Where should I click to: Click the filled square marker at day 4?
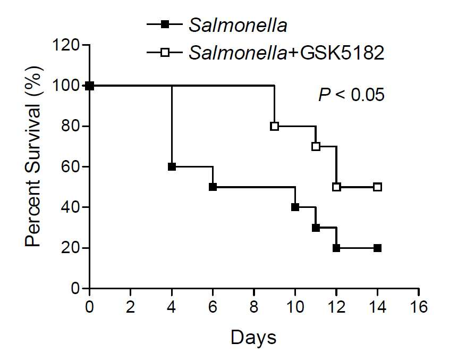pyautogui.click(x=172, y=166)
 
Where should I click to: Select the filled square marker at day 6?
pyautogui.click(x=213, y=187)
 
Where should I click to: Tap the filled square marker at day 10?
pyautogui.click(x=295, y=207)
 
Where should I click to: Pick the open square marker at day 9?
pyautogui.click(x=274, y=126)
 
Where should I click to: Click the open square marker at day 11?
pyautogui.click(x=316, y=146)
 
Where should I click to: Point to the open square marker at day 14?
pyautogui.click(x=377, y=187)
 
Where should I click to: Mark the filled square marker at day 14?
pyautogui.click(x=377, y=248)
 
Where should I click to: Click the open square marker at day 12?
pyautogui.click(x=336, y=187)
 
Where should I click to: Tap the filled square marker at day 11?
pyautogui.click(x=316, y=228)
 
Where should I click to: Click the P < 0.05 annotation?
pyautogui.click(x=351, y=95)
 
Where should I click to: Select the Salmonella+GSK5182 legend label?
pyautogui.click(x=286, y=53)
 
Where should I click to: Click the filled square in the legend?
pyautogui.click(x=165, y=24)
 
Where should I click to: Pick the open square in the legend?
pyautogui.click(x=165, y=52)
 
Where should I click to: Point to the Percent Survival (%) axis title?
pyautogui.click(x=34, y=156)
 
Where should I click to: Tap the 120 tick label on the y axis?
pyautogui.click(x=66, y=45)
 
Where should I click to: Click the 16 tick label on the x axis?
pyautogui.click(x=419, y=307)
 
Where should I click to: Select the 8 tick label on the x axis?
pyautogui.click(x=254, y=307)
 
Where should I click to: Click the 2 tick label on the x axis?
pyautogui.click(x=130, y=307)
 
